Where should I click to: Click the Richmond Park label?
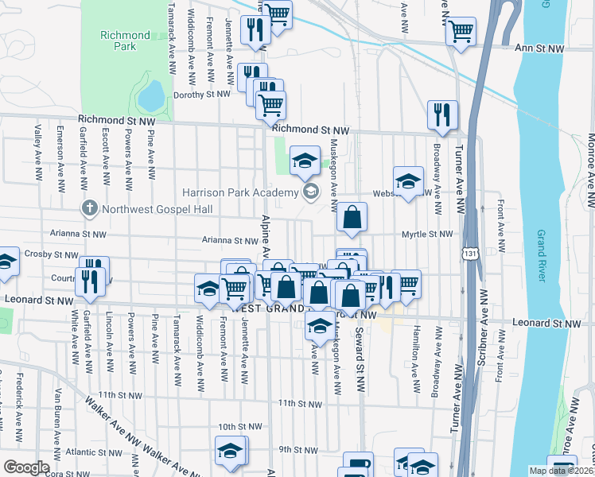[x=125, y=41]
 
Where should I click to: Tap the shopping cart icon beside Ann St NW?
[x=460, y=32]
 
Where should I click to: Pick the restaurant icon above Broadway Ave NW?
[x=441, y=114]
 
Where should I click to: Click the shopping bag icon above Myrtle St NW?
[x=352, y=216]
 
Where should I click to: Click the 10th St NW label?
[x=239, y=426]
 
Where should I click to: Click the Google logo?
[x=27, y=467]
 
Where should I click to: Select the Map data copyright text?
[x=561, y=471]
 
